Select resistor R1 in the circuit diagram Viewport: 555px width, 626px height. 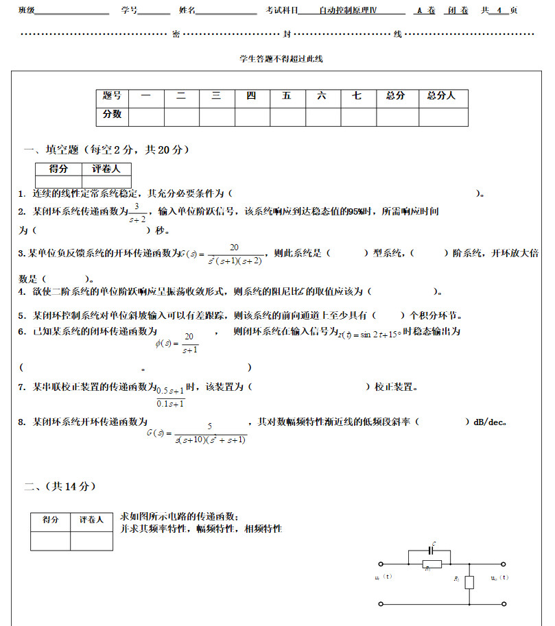(x=427, y=564)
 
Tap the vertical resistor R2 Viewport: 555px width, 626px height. (x=469, y=582)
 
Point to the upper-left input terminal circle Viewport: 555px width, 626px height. (x=381, y=564)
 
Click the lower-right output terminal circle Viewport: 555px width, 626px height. (x=504, y=604)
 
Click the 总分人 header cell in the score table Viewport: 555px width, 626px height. (x=441, y=97)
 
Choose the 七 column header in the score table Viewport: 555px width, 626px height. (x=357, y=97)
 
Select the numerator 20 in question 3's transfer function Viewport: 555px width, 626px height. (x=234, y=248)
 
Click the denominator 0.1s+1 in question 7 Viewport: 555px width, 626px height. (x=171, y=403)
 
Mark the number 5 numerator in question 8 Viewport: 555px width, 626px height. (x=209, y=426)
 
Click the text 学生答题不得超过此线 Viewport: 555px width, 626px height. (x=281, y=59)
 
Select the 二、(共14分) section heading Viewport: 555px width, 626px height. (x=60, y=486)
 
